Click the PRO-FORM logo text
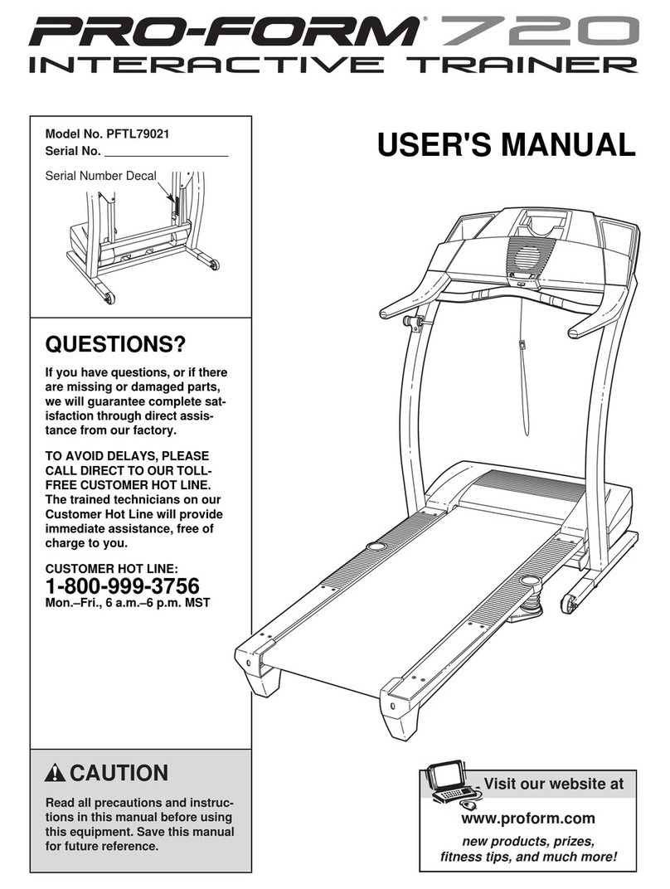tap(224, 33)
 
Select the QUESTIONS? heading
tap(114, 343)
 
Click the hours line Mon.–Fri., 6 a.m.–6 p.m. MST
tap(127, 603)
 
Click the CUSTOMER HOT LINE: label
tap(110, 569)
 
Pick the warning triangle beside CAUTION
tap(56, 774)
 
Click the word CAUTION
tap(118, 774)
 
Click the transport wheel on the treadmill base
tap(569, 603)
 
